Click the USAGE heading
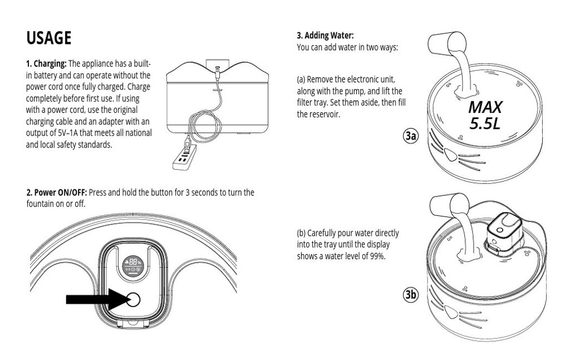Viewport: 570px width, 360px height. (49, 38)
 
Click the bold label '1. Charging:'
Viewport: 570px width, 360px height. (46, 64)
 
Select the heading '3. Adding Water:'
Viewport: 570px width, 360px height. (325, 36)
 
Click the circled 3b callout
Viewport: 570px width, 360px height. (411, 295)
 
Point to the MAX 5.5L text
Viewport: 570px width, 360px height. (484, 115)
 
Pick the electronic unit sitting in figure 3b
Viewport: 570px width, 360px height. (504, 233)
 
